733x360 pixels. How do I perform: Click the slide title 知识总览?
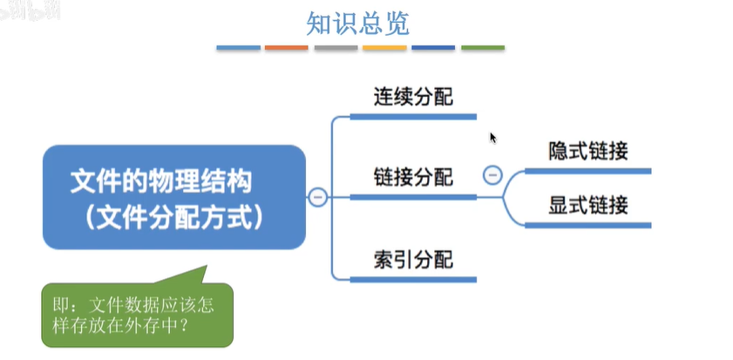click(357, 24)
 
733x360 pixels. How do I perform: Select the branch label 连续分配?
click(413, 97)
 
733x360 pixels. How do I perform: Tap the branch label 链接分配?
click(413, 178)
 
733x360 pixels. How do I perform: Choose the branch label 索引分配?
click(413, 259)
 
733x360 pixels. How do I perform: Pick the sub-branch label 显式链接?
click(588, 206)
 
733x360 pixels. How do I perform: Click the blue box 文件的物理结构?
click(173, 198)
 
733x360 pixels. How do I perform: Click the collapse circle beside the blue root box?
click(318, 198)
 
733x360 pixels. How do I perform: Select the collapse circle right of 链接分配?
click(492, 176)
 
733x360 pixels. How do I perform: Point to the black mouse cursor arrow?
click(492, 137)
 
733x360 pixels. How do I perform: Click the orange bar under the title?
click(287, 47)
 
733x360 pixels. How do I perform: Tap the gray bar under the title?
click(336, 47)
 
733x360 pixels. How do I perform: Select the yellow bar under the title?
click(384, 47)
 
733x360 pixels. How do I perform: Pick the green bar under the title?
click(482, 47)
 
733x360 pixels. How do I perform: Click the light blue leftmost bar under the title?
click(238, 47)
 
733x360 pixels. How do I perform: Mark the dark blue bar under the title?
click(433, 47)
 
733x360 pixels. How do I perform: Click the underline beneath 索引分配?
click(413, 279)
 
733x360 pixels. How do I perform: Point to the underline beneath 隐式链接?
click(588, 171)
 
